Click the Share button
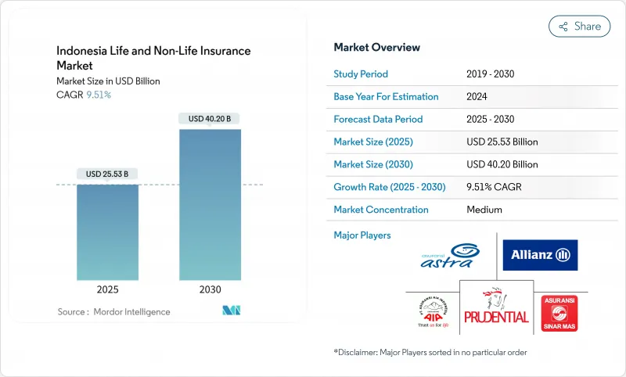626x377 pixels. (x=580, y=26)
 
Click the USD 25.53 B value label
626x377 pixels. (x=107, y=174)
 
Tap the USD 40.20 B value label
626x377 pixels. (x=210, y=119)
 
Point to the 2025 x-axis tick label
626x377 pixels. (x=107, y=289)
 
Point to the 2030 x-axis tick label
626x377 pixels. (x=210, y=289)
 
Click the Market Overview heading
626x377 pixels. (x=376, y=48)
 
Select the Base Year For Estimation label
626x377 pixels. (x=386, y=97)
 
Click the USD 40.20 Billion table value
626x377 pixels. (x=502, y=164)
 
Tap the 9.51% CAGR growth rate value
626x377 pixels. (x=494, y=187)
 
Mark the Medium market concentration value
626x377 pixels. (x=484, y=210)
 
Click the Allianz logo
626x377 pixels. (x=540, y=255)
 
